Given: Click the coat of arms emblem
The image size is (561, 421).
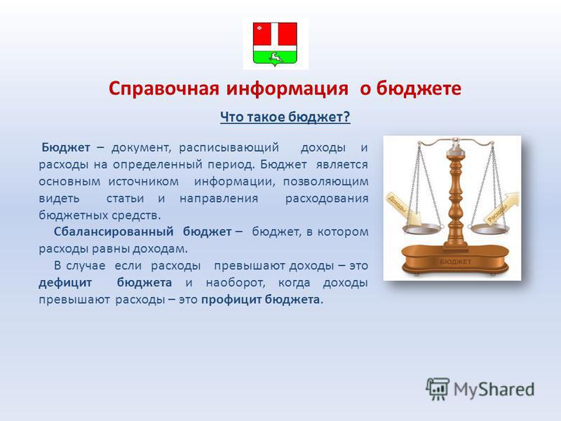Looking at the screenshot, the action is coord(275,44).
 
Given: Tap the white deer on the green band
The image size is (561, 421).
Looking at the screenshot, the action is coord(275,57).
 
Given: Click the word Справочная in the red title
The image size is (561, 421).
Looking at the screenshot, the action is coord(164,88).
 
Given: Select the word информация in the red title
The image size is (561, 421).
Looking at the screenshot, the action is coord(288,88).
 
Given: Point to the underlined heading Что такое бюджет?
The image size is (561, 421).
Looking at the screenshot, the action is coord(285,117).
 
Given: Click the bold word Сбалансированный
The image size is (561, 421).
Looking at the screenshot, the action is coord(114,232).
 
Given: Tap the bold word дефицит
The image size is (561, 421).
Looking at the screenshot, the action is coord(65,283).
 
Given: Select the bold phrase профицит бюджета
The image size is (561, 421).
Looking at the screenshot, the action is coord(260,300).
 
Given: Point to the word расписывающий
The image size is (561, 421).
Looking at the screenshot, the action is coord(229,148).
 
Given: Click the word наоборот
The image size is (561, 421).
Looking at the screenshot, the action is coord(236,283).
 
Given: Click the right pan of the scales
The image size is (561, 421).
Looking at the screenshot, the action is coord(489,229).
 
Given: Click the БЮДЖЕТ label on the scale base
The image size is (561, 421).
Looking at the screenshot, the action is coord(455,262).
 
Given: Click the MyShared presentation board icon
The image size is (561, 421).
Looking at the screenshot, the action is coord(438,389).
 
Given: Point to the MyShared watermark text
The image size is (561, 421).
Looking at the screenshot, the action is coord(494,389).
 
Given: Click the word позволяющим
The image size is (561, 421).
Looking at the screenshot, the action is coord(325,182).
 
